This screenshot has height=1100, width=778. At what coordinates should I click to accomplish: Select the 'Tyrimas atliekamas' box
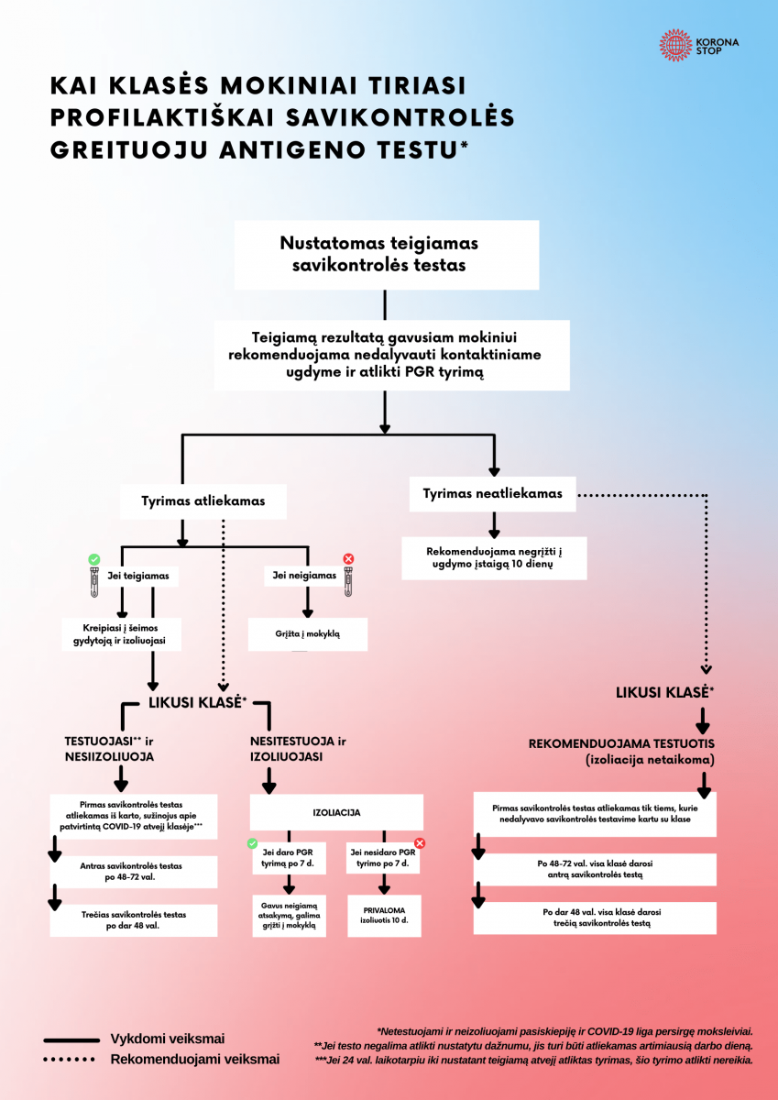click(203, 501)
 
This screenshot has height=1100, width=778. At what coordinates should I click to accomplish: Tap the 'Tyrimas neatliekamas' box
click(492, 494)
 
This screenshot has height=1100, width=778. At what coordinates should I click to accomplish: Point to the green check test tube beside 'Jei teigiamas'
click(93, 572)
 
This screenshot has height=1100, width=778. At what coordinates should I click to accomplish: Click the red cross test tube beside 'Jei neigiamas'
click(348, 574)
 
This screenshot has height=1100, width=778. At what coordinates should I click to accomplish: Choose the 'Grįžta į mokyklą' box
click(308, 633)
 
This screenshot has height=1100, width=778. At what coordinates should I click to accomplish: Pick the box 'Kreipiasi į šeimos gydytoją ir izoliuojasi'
click(120, 634)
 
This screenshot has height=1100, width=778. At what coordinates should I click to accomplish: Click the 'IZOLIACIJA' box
click(336, 812)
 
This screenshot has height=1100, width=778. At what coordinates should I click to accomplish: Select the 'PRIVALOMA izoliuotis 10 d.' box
click(384, 915)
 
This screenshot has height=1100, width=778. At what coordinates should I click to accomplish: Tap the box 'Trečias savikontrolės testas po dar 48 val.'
click(135, 919)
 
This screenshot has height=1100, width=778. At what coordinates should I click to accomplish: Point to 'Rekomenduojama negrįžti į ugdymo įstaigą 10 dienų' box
click(493, 558)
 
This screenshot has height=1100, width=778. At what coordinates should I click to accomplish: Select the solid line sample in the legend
click(71, 1039)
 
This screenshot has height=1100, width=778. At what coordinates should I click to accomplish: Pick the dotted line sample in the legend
click(71, 1060)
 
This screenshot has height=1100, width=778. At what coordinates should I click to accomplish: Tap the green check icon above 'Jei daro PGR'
click(253, 842)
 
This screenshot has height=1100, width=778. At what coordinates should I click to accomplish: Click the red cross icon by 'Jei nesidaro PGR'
click(420, 842)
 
